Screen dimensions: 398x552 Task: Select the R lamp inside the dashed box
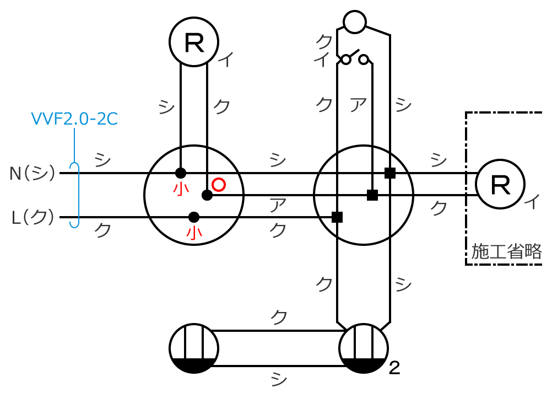coord(500,185)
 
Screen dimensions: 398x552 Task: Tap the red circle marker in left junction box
coord(219,185)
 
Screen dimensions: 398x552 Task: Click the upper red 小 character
coord(181,189)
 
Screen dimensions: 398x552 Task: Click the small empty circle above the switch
coord(354,21)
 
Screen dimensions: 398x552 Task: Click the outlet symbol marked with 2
coord(364,348)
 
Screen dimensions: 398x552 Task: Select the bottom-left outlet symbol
coord(194,348)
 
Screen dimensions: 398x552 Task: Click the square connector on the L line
coord(337,217)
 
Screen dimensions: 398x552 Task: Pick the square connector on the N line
coord(390,173)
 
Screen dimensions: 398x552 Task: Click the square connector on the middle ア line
coord(372,195)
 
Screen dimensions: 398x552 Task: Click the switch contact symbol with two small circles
coord(354,58)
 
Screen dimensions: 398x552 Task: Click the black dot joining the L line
coord(193,217)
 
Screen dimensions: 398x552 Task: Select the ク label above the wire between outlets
coord(279,317)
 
